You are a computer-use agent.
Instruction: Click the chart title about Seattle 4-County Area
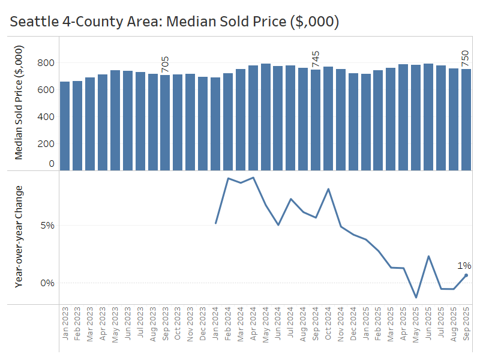tap(175, 22)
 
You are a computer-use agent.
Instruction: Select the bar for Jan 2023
tap(65, 126)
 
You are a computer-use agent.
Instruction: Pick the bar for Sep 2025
tap(466, 120)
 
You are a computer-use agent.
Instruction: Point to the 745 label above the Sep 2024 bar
tap(316, 60)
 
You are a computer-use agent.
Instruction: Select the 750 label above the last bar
tap(466, 59)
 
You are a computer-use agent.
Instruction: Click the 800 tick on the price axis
tap(46, 63)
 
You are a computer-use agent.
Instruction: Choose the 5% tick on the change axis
tap(47, 226)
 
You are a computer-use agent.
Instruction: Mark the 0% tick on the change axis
tap(47, 283)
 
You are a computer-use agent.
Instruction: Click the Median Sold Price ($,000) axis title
tap(19, 103)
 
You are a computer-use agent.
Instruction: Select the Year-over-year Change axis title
tap(19, 237)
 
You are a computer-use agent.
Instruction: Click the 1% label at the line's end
tap(464, 266)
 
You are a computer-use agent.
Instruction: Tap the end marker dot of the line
tap(466, 275)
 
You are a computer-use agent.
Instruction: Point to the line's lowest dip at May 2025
tap(416, 297)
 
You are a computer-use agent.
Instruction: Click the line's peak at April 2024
tap(253, 178)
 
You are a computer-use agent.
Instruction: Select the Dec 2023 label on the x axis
tap(203, 324)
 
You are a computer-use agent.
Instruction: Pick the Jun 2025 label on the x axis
tap(428, 324)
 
